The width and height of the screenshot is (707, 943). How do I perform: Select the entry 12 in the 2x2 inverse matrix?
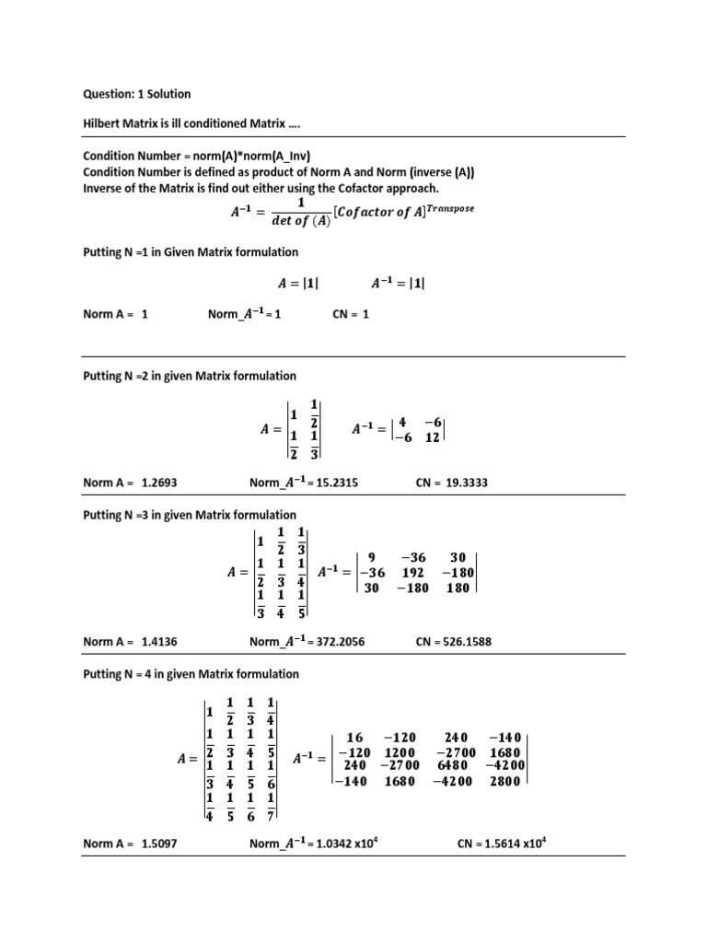coord(431,438)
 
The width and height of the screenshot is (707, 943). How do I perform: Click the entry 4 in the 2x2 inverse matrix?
coord(402,423)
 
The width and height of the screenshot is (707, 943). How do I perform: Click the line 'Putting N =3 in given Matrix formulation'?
coord(190,515)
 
